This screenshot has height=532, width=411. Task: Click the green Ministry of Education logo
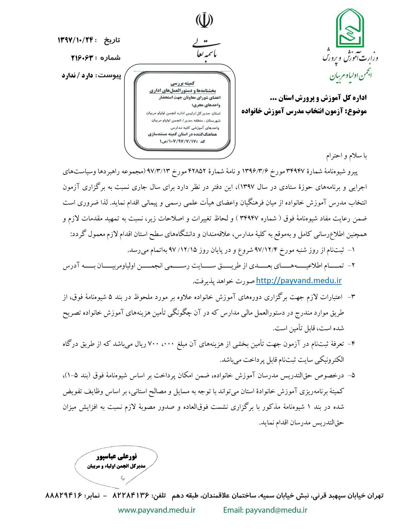(x=351, y=30)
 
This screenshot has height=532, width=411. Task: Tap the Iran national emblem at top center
(x=204, y=20)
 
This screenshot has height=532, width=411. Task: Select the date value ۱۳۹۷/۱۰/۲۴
(x=76, y=40)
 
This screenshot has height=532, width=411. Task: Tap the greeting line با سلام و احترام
(x=347, y=156)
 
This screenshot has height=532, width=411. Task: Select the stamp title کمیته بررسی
(x=182, y=83)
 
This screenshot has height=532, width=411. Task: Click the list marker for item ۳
(x=351, y=297)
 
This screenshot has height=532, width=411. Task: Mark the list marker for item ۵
(x=351, y=375)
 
